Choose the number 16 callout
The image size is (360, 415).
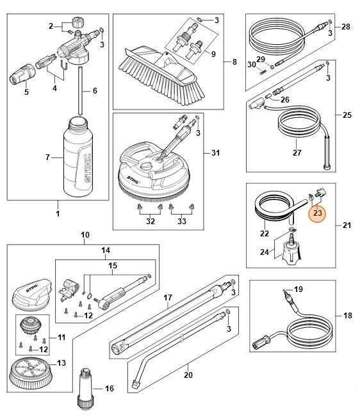point(109,388)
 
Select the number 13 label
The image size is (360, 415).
point(61,363)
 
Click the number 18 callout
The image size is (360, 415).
point(347,316)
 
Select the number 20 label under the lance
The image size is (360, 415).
point(188,375)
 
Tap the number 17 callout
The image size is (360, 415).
point(168,298)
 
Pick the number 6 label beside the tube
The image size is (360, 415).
point(95,91)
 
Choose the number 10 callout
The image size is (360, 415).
point(86,234)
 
